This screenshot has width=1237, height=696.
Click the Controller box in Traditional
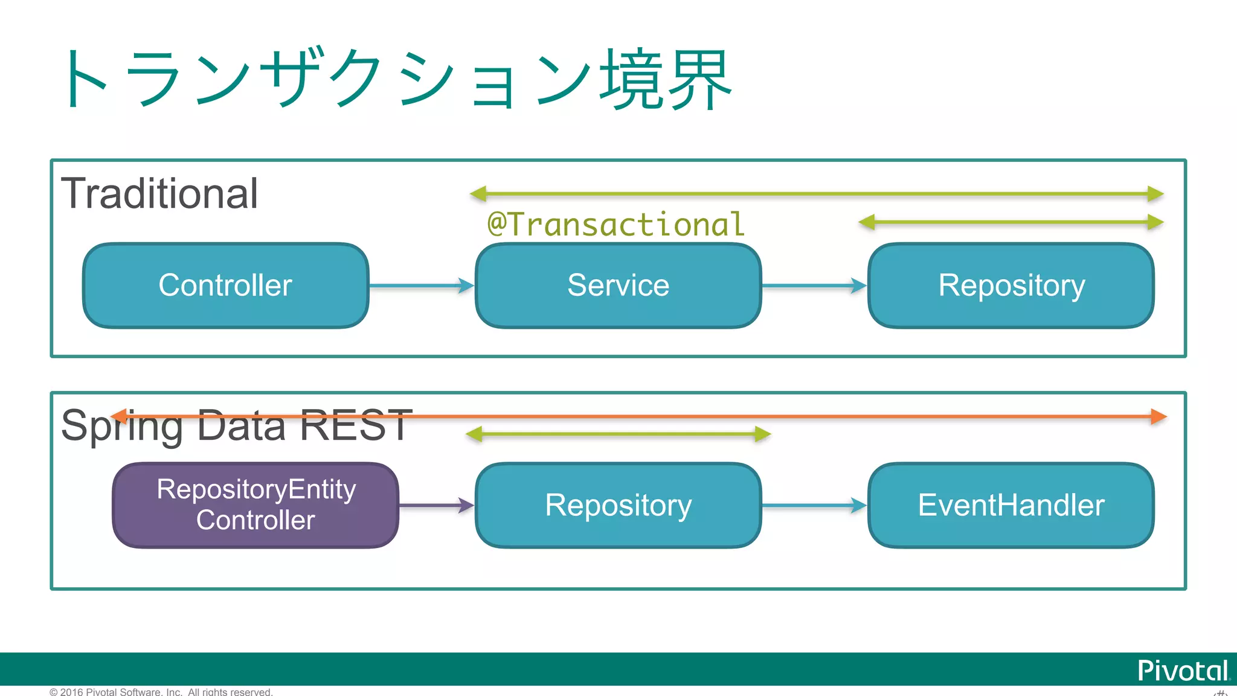click(x=225, y=285)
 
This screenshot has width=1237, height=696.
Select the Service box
click(x=618, y=285)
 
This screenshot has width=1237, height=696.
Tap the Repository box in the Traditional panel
click(x=1011, y=285)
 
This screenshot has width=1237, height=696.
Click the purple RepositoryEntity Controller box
click(x=255, y=505)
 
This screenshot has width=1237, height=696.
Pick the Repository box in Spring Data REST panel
click(x=618, y=505)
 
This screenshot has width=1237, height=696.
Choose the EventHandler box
click(x=1011, y=505)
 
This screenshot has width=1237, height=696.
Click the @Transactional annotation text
click(x=616, y=224)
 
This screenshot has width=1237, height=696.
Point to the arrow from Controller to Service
click(x=421, y=286)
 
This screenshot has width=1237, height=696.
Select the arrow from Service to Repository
click(x=814, y=286)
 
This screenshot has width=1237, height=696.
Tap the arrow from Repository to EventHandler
click(x=814, y=506)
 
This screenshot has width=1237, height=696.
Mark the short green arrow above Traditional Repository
click(x=1010, y=222)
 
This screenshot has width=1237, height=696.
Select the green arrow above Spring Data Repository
click(x=618, y=434)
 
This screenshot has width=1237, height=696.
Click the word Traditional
click(x=160, y=194)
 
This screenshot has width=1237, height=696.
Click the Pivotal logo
click(x=1183, y=671)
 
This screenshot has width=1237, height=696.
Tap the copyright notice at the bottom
click(x=161, y=692)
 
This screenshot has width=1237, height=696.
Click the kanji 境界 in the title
click(x=666, y=80)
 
